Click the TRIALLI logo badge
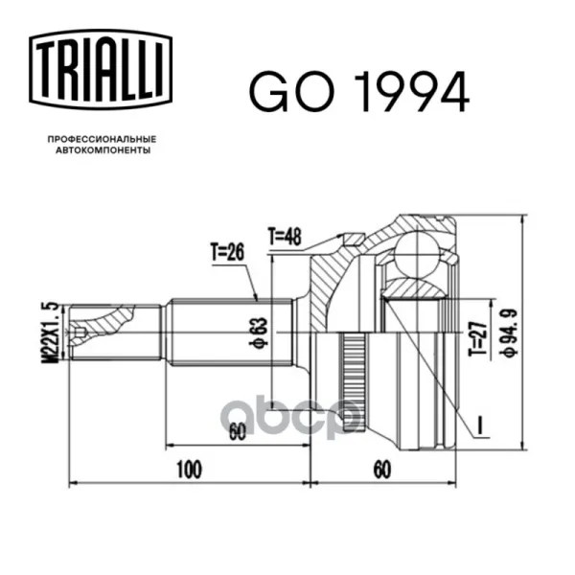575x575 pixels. (x=101, y=70)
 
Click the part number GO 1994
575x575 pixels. (x=359, y=91)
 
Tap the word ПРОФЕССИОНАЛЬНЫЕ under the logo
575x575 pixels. (x=103, y=139)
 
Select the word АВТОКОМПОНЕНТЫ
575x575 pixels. (x=103, y=150)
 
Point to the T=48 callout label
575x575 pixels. (x=285, y=237)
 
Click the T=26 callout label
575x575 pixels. (x=227, y=252)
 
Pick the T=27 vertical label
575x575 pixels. (x=478, y=338)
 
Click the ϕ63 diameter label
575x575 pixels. (x=259, y=333)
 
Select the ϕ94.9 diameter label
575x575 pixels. (x=510, y=333)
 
